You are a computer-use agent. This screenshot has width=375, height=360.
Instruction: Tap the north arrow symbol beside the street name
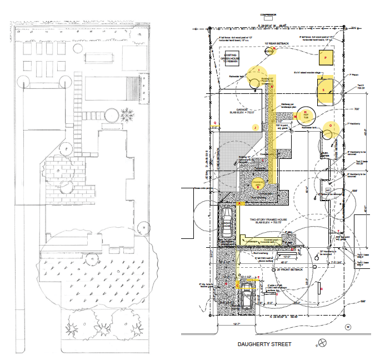pos(321,343)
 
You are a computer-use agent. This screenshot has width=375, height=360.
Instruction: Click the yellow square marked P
pos(326,57)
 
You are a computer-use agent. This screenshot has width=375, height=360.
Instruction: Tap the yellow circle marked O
pos(331,127)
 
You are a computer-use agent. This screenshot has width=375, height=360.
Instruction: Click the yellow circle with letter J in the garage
pos(255,127)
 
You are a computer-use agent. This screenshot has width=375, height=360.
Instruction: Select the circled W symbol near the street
pos(348,327)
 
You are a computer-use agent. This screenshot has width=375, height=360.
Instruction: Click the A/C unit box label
pos(328,189)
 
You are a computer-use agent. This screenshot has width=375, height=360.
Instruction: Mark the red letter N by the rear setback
pos(274,49)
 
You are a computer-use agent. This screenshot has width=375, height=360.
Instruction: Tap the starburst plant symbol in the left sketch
pos(127,115)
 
